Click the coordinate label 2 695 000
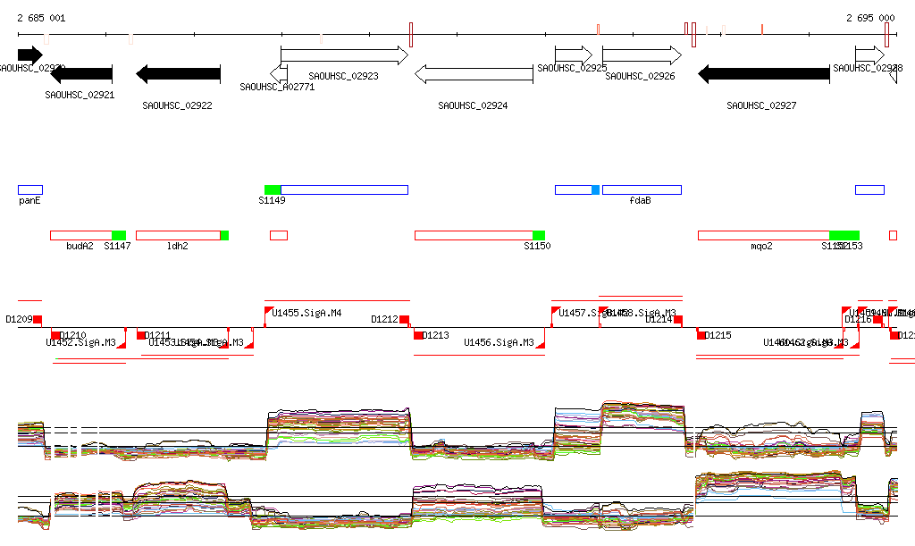click(x=869, y=18)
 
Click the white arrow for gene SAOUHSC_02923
click(x=344, y=55)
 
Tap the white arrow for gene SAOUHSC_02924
click(x=474, y=75)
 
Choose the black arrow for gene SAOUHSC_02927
click(x=763, y=75)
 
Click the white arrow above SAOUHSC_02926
click(x=642, y=55)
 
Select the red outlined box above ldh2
click(x=178, y=235)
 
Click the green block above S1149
click(x=273, y=189)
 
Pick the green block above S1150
click(x=539, y=235)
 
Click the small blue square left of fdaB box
click(x=596, y=189)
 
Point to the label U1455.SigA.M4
click(x=306, y=314)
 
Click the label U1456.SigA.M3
click(x=499, y=342)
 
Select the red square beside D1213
click(x=418, y=335)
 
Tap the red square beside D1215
click(x=701, y=335)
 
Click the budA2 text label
click(x=80, y=246)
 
